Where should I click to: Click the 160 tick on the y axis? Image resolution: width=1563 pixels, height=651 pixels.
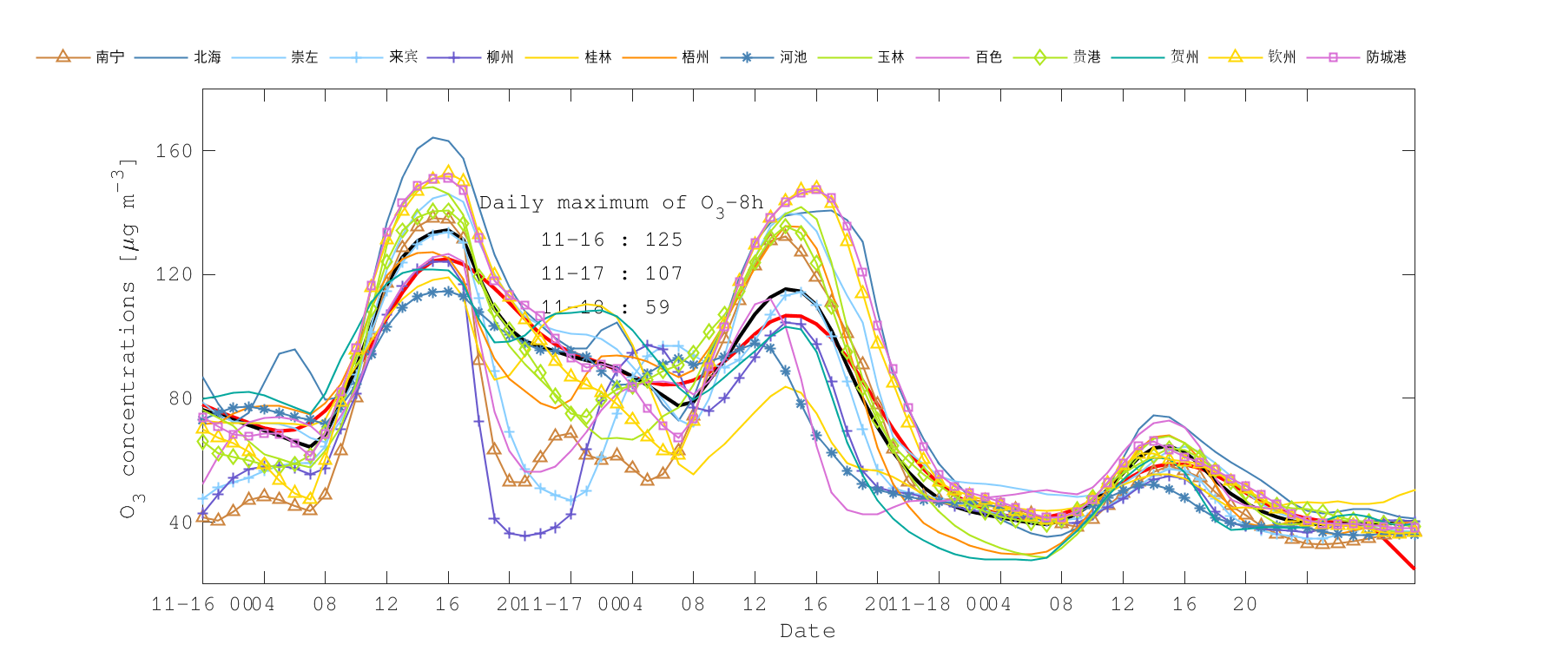tap(174, 151)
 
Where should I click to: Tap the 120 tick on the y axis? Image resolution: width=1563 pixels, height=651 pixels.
tap(174, 274)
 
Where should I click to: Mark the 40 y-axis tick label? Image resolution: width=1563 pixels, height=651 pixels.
tap(180, 523)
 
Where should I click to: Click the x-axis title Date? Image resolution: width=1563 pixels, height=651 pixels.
tap(808, 631)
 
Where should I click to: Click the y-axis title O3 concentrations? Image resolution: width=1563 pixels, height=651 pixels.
tap(127, 339)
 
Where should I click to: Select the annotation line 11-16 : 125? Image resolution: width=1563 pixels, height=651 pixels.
tap(611, 240)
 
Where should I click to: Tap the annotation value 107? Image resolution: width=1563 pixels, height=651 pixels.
tap(663, 273)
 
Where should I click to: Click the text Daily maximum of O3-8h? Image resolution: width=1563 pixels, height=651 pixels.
tap(621, 204)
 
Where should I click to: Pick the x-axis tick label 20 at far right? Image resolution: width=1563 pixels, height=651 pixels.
tap(1244, 604)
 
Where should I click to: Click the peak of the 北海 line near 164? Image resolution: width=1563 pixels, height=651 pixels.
tap(433, 137)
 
